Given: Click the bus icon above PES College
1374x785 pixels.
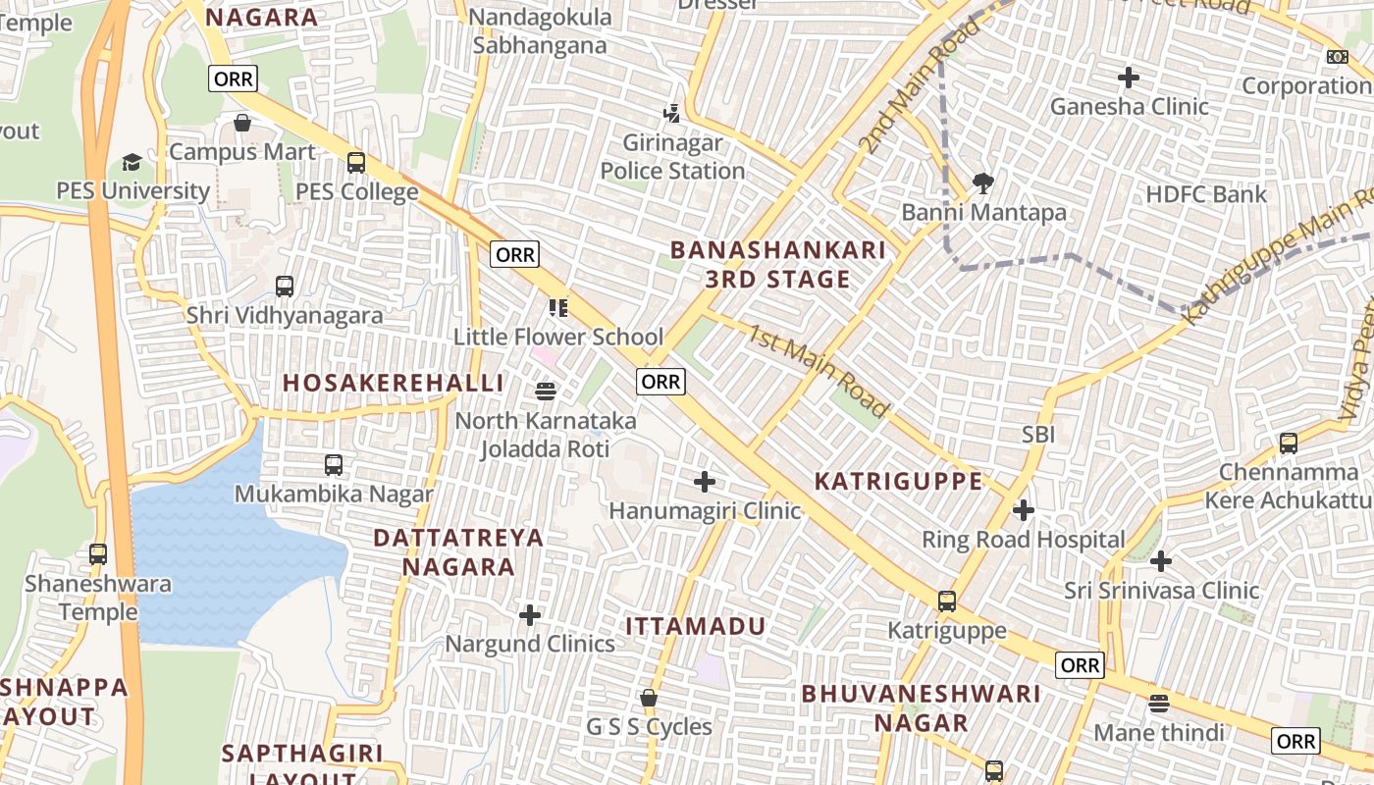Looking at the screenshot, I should coord(356,163).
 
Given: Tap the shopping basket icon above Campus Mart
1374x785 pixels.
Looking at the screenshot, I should coord(242,124).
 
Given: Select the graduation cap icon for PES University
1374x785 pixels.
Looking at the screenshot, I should coord(132,162).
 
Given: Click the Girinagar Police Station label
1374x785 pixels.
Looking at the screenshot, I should coord(672,157).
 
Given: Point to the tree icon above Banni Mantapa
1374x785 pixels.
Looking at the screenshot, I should coord(982,183).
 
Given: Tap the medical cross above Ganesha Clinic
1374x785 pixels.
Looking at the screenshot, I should coord(1129,77).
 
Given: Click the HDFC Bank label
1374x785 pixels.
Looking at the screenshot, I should coord(1206,194).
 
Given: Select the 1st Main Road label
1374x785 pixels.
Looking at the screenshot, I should coord(818,369).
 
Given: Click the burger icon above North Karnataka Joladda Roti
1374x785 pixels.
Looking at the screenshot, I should coord(547,392).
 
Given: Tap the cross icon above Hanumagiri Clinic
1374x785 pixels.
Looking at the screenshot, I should coord(705,482).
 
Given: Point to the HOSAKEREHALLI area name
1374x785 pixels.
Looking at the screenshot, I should coord(393,383).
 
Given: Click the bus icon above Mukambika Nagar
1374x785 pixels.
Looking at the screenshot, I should coord(334,465).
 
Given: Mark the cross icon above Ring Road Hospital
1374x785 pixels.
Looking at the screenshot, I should coord(1024,510).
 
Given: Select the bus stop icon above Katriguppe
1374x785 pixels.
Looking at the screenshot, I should coord(947,602).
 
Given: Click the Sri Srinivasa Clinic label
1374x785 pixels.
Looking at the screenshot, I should coord(1161,591).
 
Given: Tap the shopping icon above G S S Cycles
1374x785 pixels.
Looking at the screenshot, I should coord(649,699).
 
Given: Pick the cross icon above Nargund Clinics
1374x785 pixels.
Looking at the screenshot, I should coord(530,615).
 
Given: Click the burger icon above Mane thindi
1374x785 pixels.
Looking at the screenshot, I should coord(1159,704).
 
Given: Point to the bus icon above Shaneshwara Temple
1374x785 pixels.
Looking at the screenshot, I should coord(98,554).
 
